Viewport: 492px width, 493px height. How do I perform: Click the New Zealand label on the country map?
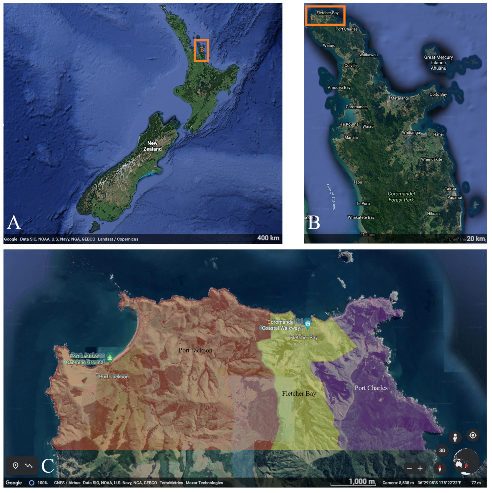click(152, 146)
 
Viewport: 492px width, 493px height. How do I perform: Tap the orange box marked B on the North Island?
click(201, 50)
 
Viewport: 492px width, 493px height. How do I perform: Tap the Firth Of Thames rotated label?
click(331, 197)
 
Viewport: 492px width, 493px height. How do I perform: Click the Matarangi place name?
click(399, 98)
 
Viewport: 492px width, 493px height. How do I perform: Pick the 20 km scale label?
click(476, 239)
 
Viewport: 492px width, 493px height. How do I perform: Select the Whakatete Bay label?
click(361, 217)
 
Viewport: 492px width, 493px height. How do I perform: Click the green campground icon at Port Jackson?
click(110, 358)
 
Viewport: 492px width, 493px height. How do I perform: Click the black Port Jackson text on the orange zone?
click(195, 350)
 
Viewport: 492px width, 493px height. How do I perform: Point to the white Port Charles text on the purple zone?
click(371, 388)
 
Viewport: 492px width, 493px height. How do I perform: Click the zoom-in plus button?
click(420, 468)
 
